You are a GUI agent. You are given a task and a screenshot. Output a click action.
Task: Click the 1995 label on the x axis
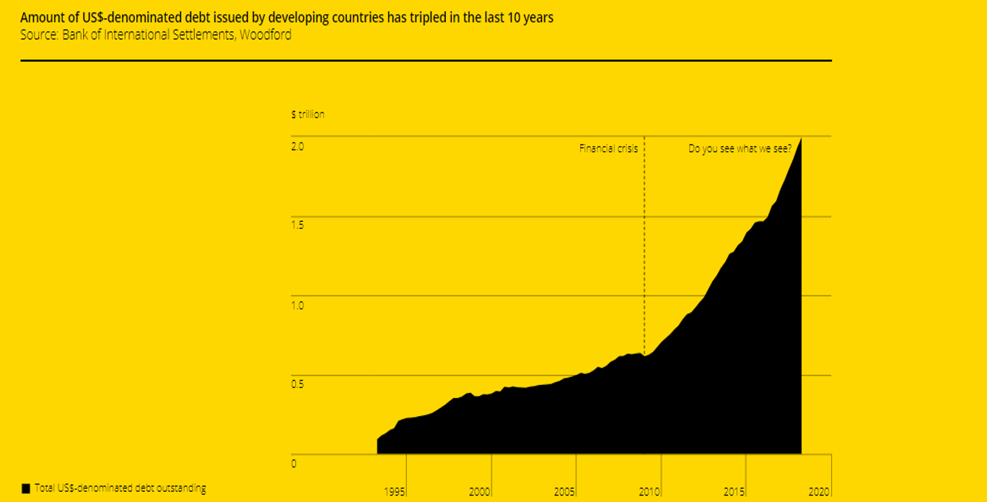[x=395, y=492]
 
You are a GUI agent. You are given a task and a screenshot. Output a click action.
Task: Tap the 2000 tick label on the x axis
[x=480, y=492]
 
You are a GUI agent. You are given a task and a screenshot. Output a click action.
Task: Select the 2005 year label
[x=565, y=492]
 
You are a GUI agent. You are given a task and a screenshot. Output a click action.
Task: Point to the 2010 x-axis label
[x=650, y=492]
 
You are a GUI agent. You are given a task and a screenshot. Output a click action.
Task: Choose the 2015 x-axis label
[x=735, y=492]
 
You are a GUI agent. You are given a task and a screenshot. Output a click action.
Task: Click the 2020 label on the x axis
[x=820, y=492]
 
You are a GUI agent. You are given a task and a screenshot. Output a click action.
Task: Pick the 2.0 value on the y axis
[x=297, y=146]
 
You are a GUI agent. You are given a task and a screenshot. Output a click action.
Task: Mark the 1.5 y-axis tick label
[x=297, y=225]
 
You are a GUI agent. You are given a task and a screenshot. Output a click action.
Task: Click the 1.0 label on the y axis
[x=297, y=305]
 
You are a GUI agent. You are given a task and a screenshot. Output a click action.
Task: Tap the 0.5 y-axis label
[x=297, y=384]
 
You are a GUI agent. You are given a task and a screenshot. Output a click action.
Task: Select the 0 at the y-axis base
[x=294, y=464]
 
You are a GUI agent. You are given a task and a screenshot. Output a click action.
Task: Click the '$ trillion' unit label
[x=307, y=114]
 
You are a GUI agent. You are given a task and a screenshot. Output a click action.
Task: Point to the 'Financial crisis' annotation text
[x=608, y=149]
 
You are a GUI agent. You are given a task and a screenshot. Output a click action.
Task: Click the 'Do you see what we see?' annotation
[x=740, y=149]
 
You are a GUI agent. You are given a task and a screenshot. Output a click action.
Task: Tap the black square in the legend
[x=26, y=488]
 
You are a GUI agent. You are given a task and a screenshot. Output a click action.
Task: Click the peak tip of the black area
[x=800, y=139]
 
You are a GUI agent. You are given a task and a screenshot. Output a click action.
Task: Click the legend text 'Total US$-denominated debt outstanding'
[x=120, y=488]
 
